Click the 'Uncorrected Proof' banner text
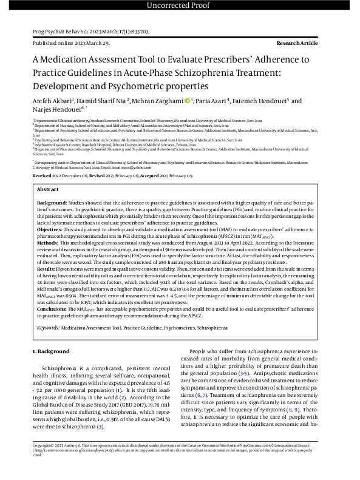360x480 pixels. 180,6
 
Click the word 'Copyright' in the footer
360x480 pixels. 43,461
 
